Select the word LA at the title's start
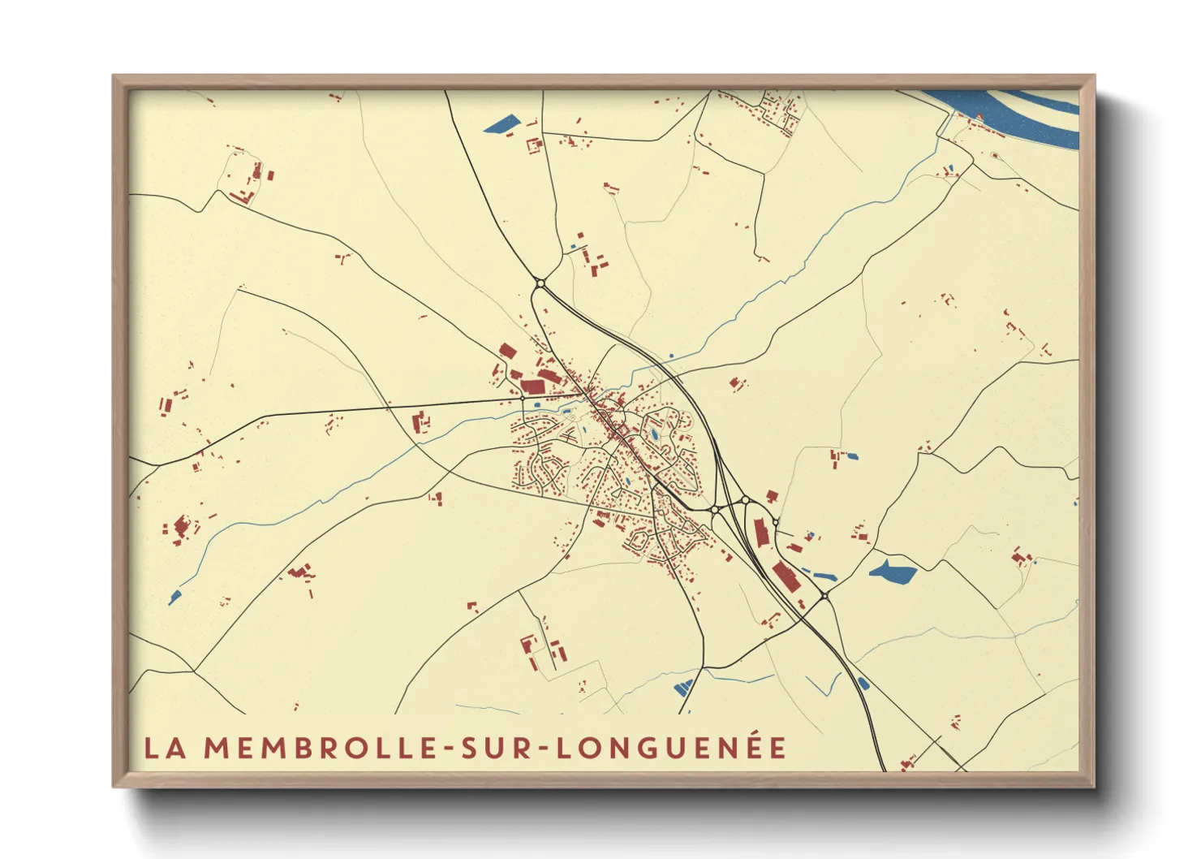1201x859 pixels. pos(166,748)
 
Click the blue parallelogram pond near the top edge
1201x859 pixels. pos(501,125)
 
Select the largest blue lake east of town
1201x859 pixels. pos(893,572)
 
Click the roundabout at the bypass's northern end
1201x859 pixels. pos(540,283)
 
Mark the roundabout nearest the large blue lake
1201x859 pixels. pos(824,597)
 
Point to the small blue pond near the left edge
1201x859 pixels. pos(174,598)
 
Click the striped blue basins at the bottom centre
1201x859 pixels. pos(684,688)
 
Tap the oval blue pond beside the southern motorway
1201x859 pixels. pos(863,682)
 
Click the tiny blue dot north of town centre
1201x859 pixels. pos(671,355)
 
